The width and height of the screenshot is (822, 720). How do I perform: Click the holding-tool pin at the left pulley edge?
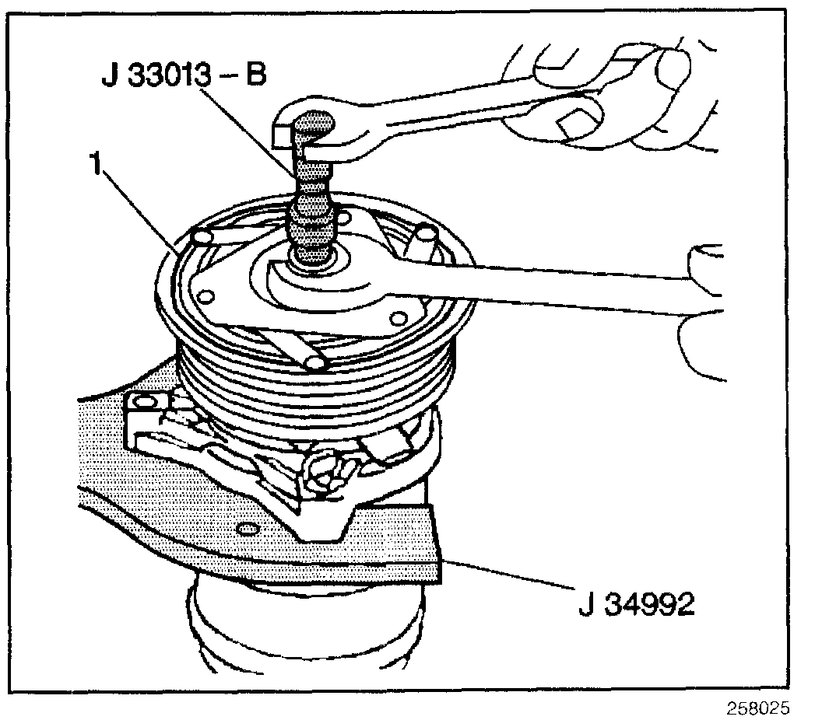pyautogui.click(x=202, y=236)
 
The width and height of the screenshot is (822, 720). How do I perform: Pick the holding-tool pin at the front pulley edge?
pyautogui.click(x=315, y=362)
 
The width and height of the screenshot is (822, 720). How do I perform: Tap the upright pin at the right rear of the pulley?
pyautogui.click(x=427, y=233)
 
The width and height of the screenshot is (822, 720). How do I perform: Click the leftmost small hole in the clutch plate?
pyautogui.click(x=206, y=295)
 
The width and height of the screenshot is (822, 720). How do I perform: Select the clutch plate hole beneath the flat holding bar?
pyautogui.click(x=399, y=317)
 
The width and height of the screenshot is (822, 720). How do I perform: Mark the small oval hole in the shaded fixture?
pyautogui.click(x=247, y=530)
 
